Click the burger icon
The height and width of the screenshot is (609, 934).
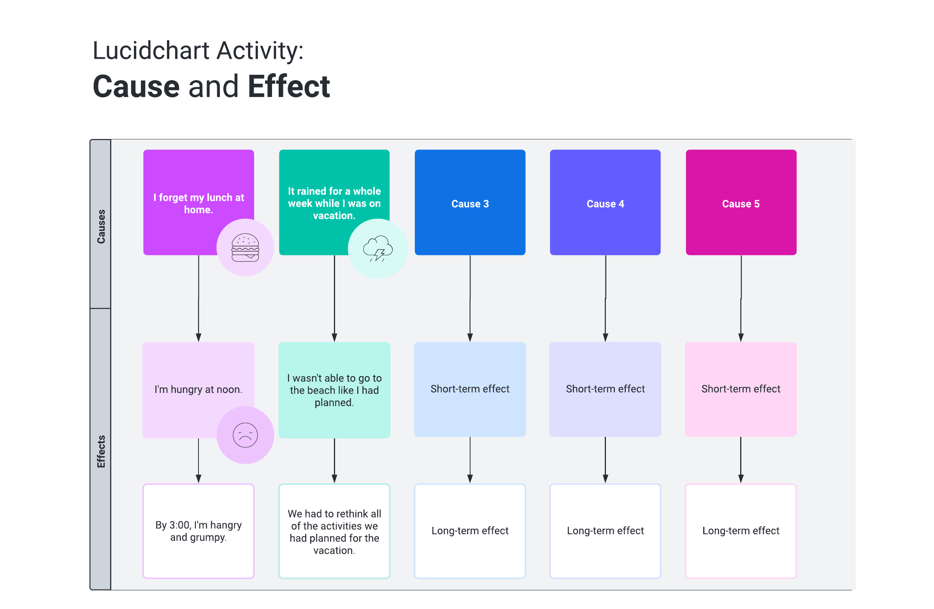pyautogui.click(x=245, y=248)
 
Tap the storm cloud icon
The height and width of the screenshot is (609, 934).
pyautogui.click(x=377, y=248)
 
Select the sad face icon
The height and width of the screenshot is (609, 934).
pyautogui.click(x=245, y=435)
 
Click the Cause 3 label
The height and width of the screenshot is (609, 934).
pyautogui.click(x=470, y=204)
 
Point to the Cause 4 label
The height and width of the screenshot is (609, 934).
pyautogui.click(x=605, y=204)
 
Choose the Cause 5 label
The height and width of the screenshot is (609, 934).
pyautogui.click(x=741, y=204)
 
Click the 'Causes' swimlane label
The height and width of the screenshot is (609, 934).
pyautogui.click(x=101, y=226)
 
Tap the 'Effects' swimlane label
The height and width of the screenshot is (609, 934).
pyautogui.click(x=101, y=451)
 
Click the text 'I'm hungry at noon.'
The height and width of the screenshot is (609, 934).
pyautogui.click(x=198, y=389)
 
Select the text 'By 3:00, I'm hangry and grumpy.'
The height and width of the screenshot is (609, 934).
pyautogui.click(x=198, y=531)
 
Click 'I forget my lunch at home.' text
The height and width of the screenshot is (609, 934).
pyautogui.click(x=198, y=203)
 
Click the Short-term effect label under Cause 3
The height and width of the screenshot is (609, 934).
pyautogui.click(x=470, y=389)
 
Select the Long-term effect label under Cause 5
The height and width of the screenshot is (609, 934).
pyautogui.click(x=741, y=530)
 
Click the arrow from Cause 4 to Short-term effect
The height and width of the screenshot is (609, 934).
pyautogui.click(x=606, y=298)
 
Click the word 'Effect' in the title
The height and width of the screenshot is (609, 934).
pyautogui.click(x=288, y=86)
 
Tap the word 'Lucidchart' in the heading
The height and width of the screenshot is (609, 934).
pyautogui.click(x=151, y=51)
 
